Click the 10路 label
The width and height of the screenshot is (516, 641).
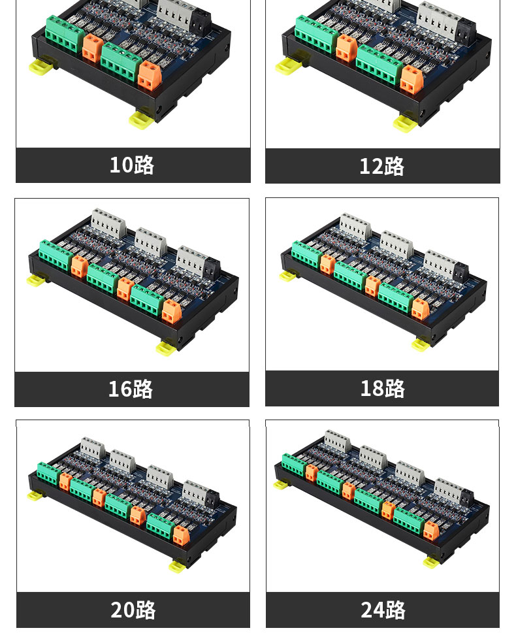click(132, 165)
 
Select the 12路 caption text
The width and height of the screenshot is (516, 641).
click(381, 167)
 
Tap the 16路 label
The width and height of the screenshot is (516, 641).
click(131, 389)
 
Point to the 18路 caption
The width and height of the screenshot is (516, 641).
click(382, 388)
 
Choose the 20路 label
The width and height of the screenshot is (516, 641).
click(133, 610)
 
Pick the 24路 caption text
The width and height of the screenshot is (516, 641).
click(383, 610)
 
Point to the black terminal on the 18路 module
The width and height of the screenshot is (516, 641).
click(461, 273)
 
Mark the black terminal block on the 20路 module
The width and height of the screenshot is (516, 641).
click(212, 500)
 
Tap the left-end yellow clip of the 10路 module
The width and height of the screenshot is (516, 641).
click(39, 67)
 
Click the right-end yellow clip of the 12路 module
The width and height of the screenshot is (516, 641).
click(404, 123)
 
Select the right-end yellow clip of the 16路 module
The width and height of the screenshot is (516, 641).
click(167, 349)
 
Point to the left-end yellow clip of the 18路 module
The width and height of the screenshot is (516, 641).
click(288, 276)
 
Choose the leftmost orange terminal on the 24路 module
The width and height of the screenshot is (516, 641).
click(311, 473)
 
